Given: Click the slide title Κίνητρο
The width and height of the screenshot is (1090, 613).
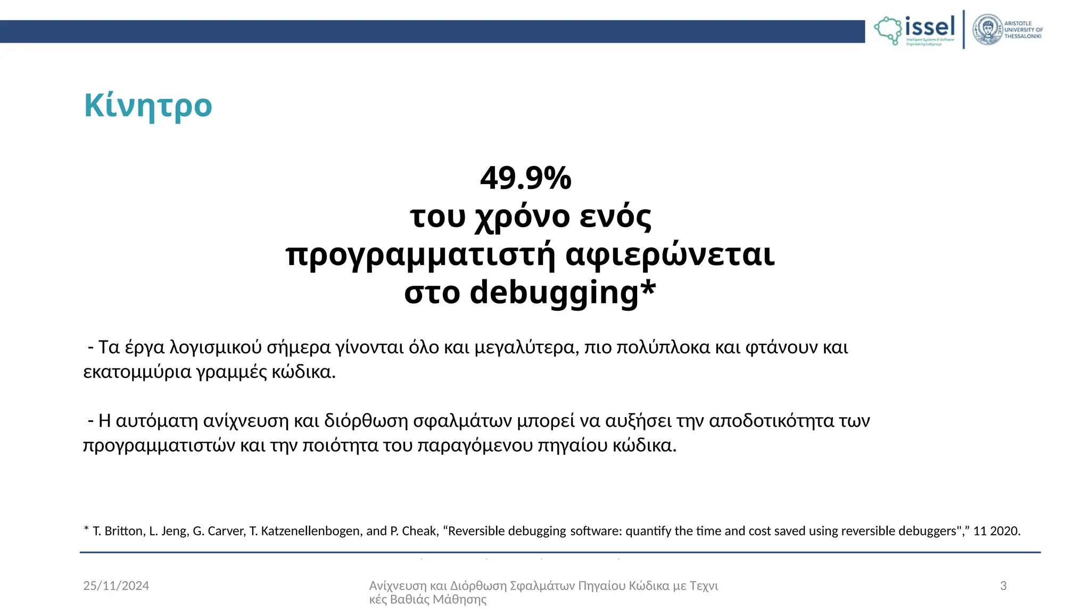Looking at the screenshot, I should [x=148, y=105].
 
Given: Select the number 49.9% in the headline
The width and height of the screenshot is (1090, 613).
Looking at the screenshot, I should [x=525, y=178].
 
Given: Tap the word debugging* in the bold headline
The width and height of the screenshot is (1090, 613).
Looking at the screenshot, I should [x=563, y=293].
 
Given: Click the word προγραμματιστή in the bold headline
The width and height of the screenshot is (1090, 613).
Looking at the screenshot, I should [x=420, y=255].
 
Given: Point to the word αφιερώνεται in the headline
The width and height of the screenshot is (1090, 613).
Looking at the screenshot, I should [x=670, y=254].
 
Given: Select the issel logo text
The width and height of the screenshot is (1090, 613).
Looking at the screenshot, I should [x=930, y=27].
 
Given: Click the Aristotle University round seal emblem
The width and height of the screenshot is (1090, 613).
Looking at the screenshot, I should [x=987, y=30].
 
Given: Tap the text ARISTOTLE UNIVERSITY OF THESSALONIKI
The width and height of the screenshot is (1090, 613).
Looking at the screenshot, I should [x=1023, y=30].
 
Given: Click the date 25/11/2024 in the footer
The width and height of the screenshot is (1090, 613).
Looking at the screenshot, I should [x=116, y=586].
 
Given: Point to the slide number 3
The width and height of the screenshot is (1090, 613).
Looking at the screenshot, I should [x=1003, y=586].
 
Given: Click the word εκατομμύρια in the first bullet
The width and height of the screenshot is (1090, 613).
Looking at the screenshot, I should [x=137, y=371].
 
